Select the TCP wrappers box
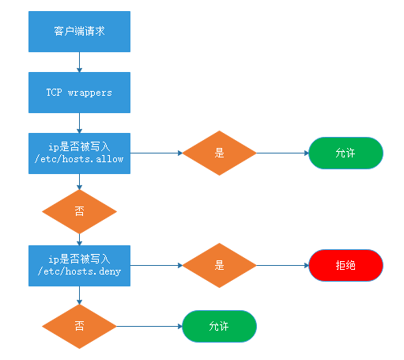point(79,93)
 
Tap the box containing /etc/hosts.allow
point(79,153)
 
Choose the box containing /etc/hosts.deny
point(79,265)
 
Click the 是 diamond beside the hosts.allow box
point(219,153)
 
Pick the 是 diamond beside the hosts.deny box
point(219,266)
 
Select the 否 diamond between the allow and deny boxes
point(79,211)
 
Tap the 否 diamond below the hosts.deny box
point(79,325)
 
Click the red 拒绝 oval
point(345,266)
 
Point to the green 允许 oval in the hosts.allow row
point(345,153)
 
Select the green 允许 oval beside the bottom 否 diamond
point(220,325)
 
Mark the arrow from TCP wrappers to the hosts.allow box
point(79,122)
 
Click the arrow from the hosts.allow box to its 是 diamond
point(155,153)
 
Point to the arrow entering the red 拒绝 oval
point(282,266)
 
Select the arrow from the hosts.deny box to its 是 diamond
point(155,266)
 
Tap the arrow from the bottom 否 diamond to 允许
point(149,325)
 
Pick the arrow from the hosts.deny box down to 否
point(79,295)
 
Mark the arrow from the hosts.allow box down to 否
point(79,181)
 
